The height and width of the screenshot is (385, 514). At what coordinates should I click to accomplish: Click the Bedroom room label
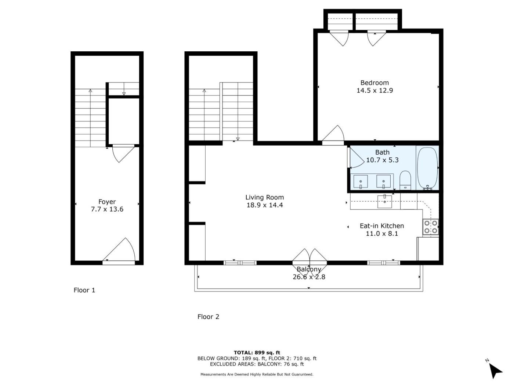(374, 83)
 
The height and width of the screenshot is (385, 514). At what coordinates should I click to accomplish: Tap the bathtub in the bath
(427, 168)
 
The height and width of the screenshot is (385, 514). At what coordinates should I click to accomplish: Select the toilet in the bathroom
(405, 180)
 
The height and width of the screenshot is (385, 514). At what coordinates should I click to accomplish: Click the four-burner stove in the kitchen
(430, 227)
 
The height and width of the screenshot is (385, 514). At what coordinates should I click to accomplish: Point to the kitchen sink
(384, 202)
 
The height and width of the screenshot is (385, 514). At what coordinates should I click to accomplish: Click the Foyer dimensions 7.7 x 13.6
(107, 209)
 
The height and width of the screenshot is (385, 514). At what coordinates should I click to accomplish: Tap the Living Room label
(265, 197)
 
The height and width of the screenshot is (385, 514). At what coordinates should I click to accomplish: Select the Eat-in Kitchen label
(382, 226)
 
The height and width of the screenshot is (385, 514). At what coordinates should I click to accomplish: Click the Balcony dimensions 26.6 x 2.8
(309, 277)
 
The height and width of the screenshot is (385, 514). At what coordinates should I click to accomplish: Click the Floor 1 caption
(84, 290)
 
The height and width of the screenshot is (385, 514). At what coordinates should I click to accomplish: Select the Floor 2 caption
(208, 317)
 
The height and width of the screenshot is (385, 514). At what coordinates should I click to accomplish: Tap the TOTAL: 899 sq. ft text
(257, 352)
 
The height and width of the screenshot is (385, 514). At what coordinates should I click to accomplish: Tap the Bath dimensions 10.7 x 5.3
(382, 160)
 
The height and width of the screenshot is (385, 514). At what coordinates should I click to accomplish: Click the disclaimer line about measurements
(257, 374)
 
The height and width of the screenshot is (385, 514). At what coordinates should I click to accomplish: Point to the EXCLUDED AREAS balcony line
(257, 364)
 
